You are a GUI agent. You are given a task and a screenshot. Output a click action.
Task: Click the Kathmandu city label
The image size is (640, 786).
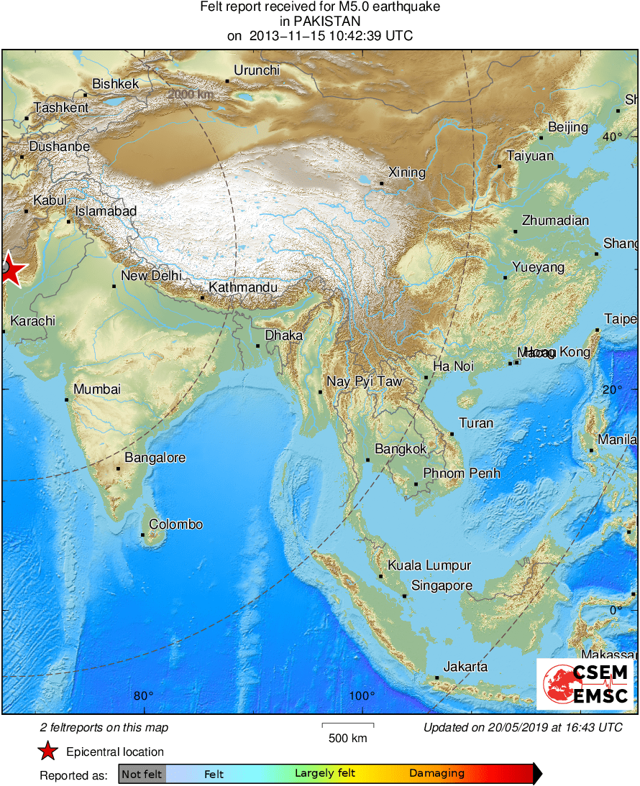coord(242,287)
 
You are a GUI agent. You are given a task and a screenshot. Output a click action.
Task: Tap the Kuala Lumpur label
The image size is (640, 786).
coord(429,565)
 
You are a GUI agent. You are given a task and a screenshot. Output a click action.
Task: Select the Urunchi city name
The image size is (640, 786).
coord(257,70)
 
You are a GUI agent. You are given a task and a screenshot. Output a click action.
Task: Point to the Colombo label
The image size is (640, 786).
coord(175,524)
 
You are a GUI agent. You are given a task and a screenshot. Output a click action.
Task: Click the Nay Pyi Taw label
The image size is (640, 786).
coord(365,382)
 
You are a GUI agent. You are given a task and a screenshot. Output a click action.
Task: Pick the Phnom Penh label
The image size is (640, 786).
coord(461,473)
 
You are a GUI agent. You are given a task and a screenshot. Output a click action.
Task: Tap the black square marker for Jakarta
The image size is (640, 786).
coord(437,677)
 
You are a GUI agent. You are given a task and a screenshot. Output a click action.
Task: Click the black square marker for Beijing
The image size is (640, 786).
coord(541,138)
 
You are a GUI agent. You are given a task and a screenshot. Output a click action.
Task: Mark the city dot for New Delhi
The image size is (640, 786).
coord(114,286)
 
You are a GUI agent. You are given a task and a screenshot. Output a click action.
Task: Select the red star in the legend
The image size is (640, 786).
coord(47,752)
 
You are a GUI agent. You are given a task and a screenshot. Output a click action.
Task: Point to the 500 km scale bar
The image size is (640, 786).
coord(347,726)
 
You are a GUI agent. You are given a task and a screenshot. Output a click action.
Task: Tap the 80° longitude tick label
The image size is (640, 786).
coord(144,695)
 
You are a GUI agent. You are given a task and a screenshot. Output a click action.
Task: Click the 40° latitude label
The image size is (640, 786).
coord(612,137)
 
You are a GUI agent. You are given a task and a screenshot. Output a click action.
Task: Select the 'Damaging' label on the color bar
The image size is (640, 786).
coord(436,774)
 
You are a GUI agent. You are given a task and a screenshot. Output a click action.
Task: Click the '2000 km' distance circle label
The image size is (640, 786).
coord(191,94)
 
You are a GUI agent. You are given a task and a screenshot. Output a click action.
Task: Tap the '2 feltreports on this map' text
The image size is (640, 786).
coord(104,728)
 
